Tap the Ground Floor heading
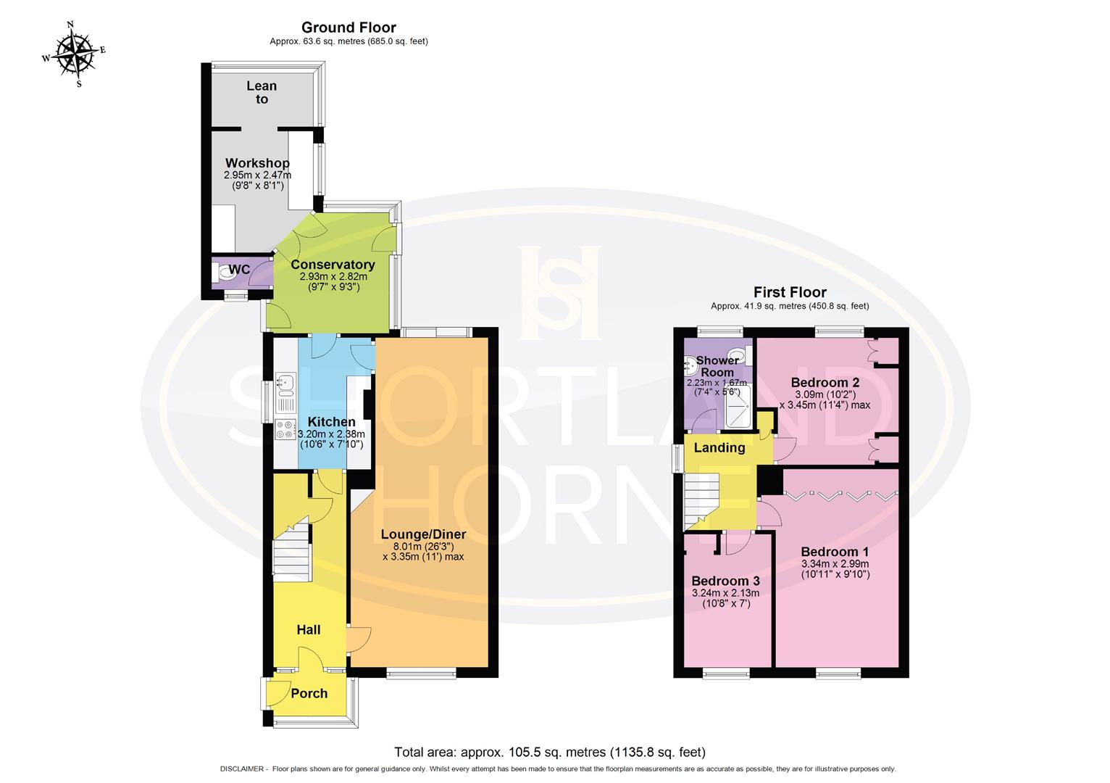point(349,28)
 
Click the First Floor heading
point(790,292)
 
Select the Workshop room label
point(257,163)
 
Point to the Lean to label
point(262,92)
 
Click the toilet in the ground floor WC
point(220,272)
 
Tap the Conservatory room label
point(333,265)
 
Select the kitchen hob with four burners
point(285,429)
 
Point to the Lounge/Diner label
point(423,534)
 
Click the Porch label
point(309,693)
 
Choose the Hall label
point(309,630)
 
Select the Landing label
point(719,447)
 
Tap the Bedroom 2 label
point(825,382)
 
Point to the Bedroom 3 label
point(725,581)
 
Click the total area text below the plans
point(549,752)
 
